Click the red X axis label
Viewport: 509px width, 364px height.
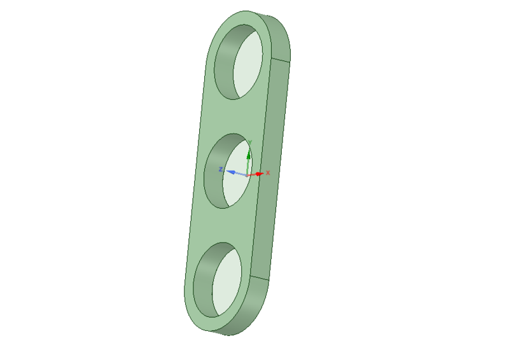coord(268,172)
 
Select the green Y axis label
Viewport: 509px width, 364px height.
coord(250,141)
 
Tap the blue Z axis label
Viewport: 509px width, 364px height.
coord(220,169)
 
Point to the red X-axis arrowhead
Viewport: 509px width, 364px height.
coord(260,173)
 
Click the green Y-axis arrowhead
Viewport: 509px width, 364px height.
coord(249,153)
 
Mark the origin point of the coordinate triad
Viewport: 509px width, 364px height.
coord(248,174)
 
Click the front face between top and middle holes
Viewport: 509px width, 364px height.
coord(223,118)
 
